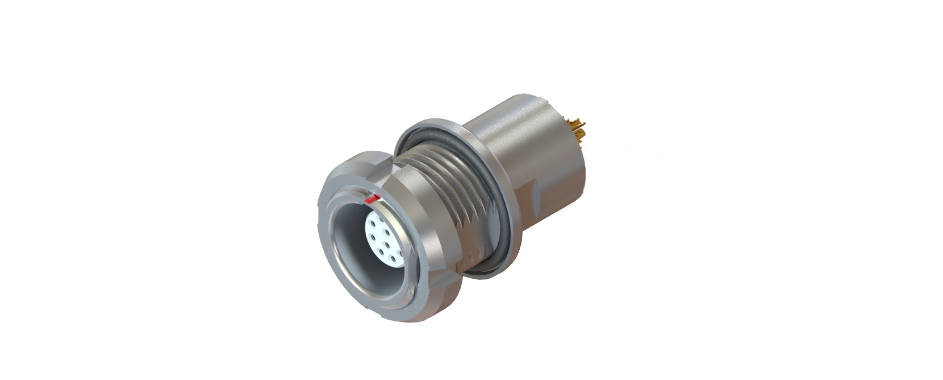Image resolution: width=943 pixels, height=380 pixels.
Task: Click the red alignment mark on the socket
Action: (x=373, y=199)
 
